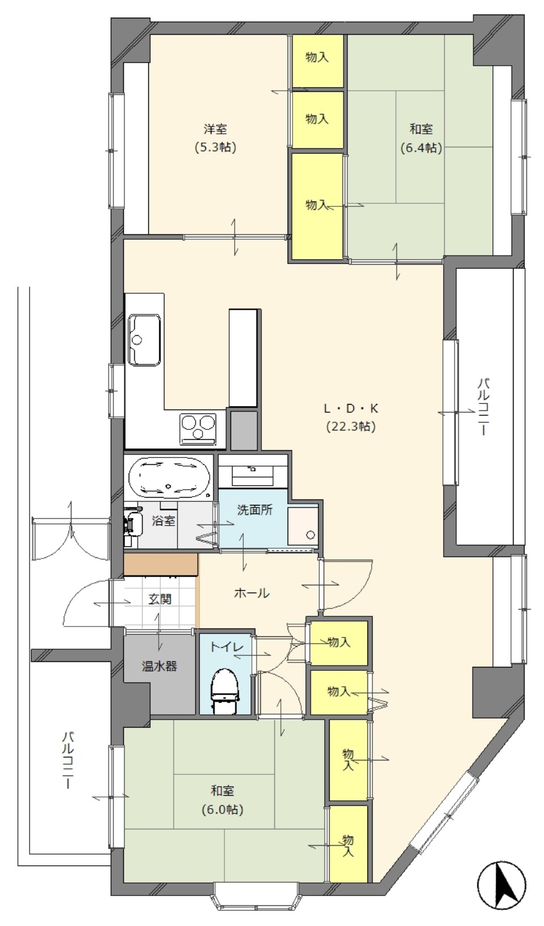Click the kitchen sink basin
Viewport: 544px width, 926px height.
coord(144,340)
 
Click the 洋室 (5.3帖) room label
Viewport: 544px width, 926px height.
coord(215,138)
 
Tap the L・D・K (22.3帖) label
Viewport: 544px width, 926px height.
coord(351,417)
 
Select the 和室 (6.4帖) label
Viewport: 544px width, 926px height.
coord(421,139)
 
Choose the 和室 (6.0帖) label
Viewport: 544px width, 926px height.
coord(223,800)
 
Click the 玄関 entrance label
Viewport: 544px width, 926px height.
coord(160,599)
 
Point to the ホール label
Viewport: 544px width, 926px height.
coord(252,593)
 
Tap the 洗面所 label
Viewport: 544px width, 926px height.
coord(255,510)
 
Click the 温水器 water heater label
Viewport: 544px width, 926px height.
coord(160,666)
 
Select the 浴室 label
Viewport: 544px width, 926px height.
coord(163,520)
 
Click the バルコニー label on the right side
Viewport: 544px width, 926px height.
coord(483,407)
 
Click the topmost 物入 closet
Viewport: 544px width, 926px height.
coord(317,61)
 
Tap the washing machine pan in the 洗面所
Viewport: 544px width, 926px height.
coord(303,526)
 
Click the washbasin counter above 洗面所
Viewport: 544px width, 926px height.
coord(253,471)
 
